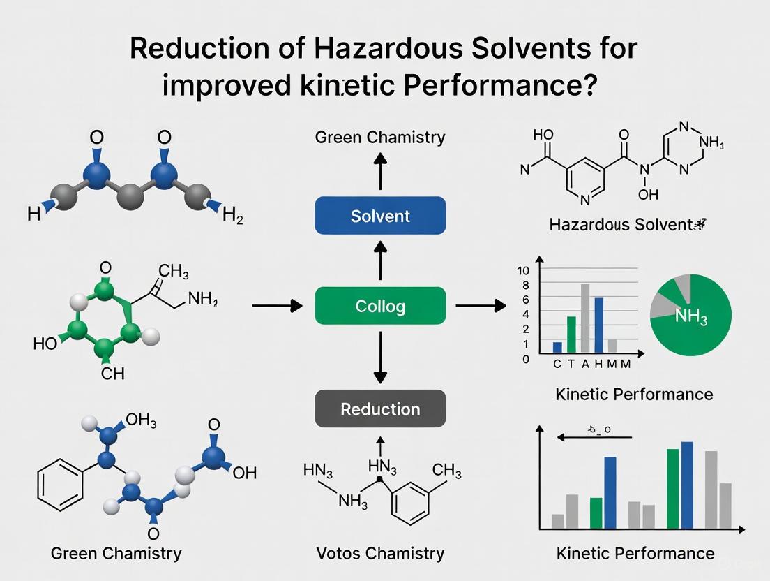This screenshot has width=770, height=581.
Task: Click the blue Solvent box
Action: (x=380, y=215)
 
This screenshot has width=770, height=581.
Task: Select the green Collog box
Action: (x=380, y=306)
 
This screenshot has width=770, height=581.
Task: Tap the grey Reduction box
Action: (x=380, y=409)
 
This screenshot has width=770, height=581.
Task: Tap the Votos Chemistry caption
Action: (x=380, y=553)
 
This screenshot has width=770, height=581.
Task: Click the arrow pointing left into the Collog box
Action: (x=277, y=306)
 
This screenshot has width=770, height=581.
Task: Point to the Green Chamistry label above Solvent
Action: (x=380, y=136)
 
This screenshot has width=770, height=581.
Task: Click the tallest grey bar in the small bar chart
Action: (x=584, y=318)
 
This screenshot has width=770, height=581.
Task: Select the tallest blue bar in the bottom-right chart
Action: (x=687, y=485)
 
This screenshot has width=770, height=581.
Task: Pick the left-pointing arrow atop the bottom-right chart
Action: (x=586, y=438)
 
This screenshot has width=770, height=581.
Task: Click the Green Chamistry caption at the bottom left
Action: (x=116, y=553)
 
